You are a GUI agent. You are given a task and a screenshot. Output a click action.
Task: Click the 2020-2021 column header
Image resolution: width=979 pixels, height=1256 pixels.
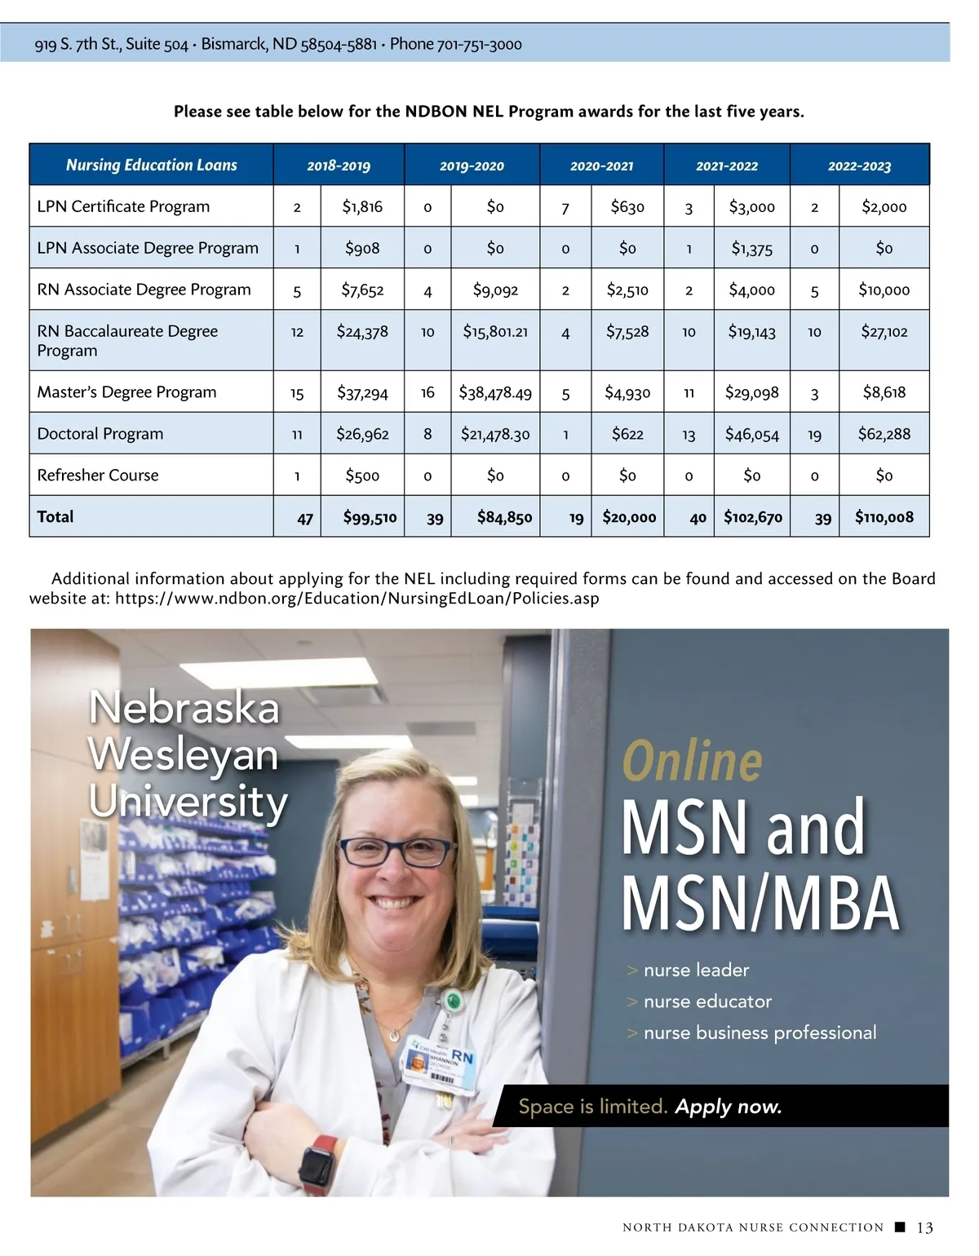coord(601,166)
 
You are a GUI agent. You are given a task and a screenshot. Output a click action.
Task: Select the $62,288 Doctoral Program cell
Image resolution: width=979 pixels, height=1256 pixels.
coord(884,434)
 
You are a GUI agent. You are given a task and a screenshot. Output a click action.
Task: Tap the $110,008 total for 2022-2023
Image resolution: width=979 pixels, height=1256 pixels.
coord(884,517)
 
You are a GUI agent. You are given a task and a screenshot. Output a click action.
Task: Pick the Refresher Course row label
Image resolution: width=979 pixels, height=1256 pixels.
coord(98,475)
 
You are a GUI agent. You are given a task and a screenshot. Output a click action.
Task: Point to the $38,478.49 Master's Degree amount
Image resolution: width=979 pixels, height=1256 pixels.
coord(495,393)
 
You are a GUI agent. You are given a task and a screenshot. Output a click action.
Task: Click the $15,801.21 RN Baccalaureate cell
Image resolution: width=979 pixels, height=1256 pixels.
coord(495,332)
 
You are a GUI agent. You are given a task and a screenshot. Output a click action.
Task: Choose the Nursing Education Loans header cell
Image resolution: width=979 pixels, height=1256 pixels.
coord(152,165)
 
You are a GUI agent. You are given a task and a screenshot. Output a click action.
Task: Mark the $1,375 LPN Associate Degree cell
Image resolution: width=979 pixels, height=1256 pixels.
coord(751,249)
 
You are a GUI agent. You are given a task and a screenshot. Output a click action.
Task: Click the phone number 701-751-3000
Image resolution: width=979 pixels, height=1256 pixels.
coord(480,44)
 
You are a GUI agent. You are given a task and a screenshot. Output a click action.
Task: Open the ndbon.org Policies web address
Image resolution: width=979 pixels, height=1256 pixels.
coord(357,599)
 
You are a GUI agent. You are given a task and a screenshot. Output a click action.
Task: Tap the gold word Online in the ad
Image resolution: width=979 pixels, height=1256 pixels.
coord(693,761)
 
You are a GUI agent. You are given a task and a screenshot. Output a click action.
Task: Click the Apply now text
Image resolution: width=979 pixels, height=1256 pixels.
coord(729,1107)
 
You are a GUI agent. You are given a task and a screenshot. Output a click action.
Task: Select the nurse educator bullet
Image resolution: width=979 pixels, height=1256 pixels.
coord(707,1002)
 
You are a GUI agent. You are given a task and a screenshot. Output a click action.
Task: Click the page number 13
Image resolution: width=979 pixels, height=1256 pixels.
coord(925,1227)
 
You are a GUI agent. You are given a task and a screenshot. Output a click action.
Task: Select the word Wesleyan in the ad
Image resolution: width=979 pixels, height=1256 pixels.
coord(184,754)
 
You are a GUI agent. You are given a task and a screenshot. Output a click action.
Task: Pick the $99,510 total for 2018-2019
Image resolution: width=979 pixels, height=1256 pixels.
coord(370,517)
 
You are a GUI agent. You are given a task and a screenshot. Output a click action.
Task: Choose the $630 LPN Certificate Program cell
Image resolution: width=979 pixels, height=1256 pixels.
coord(627,207)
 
